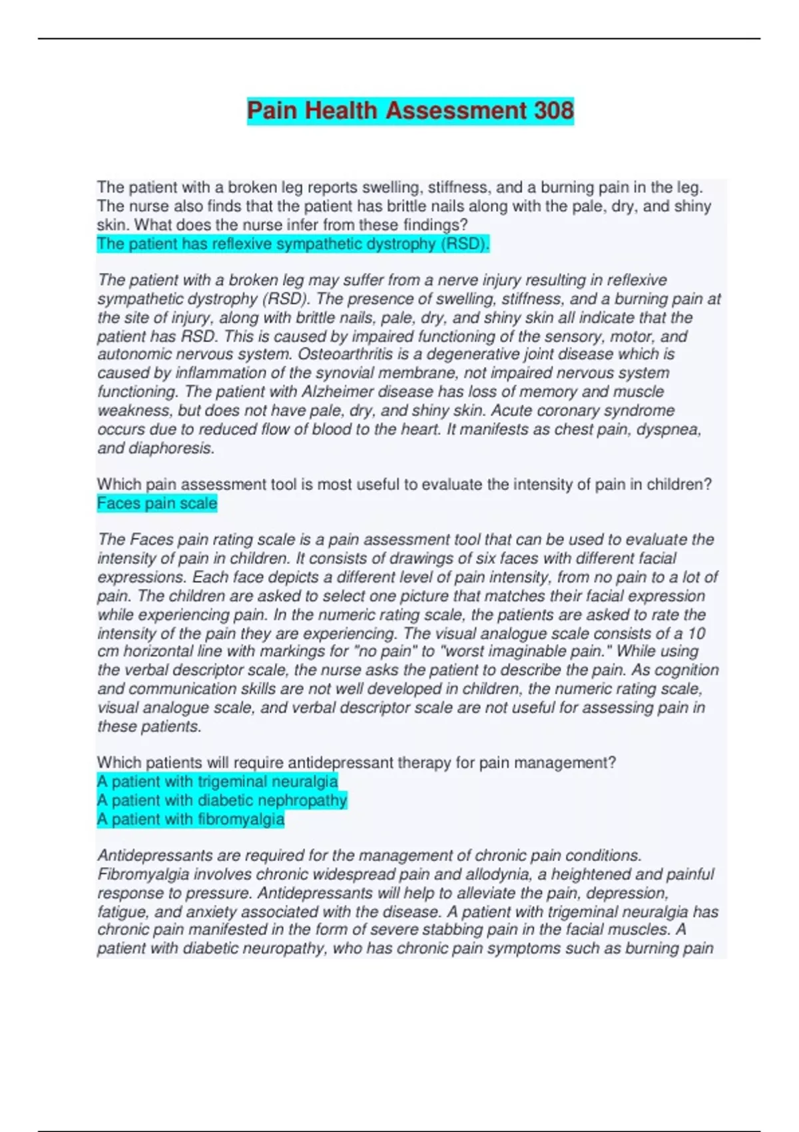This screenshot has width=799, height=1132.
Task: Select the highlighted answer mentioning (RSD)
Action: coord(293,244)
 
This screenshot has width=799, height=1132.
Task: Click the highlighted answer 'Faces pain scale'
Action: coord(157,503)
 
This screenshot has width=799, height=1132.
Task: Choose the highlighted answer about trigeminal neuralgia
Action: coord(217,782)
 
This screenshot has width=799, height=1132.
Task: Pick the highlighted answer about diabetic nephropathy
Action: coord(222,800)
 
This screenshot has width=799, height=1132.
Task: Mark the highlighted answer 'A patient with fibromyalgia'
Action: coord(190,819)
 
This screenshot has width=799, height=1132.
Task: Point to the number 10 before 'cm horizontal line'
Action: coord(696,633)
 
